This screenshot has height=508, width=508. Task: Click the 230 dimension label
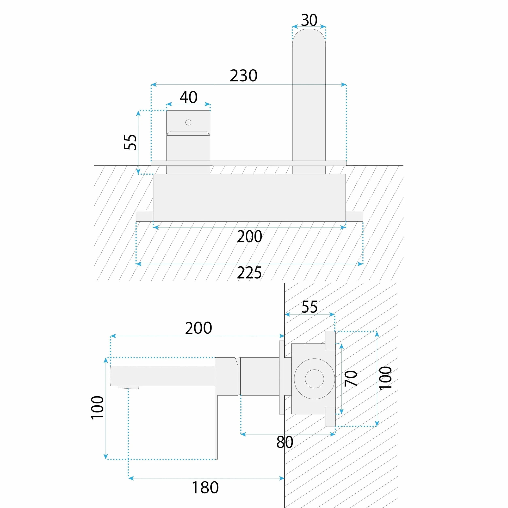(x=243, y=76)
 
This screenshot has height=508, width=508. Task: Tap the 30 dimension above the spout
(x=309, y=20)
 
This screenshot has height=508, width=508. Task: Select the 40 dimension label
(x=189, y=97)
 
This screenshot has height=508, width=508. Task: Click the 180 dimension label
(x=205, y=488)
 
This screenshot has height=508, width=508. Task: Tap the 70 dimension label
(x=351, y=378)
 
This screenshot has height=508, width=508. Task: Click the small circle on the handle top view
(x=188, y=122)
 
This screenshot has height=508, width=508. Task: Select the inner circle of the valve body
(x=314, y=379)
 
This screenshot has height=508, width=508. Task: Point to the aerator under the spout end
(x=128, y=387)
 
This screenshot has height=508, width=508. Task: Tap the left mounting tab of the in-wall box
(x=145, y=216)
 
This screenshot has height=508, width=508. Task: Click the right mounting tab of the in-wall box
(x=354, y=216)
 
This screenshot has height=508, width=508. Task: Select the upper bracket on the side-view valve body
(x=330, y=340)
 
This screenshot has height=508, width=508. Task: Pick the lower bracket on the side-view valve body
(x=330, y=417)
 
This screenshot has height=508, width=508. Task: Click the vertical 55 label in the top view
(x=130, y=142)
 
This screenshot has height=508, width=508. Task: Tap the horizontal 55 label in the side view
(x=309, y=307)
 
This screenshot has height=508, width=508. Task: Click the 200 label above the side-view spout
(x=199, y=328)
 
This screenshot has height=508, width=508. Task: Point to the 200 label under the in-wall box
(x=249, y=237)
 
